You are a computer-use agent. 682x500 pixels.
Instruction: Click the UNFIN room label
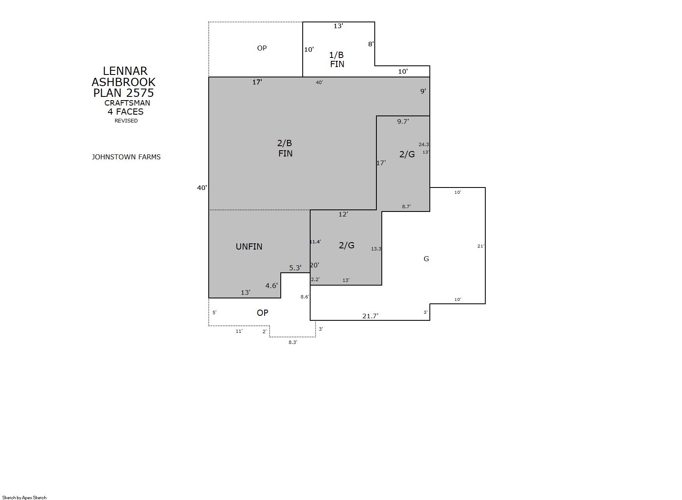pos(249,247)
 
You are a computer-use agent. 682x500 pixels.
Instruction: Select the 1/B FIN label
pos(337,60)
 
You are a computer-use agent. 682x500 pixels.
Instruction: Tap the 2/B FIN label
pos(285,148)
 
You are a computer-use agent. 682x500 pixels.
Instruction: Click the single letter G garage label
pos(426,259)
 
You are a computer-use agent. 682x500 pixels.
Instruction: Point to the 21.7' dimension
pos(370,316)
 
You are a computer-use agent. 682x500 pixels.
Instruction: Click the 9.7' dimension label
pos(403,121)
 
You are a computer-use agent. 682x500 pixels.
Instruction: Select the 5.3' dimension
pos(295,268)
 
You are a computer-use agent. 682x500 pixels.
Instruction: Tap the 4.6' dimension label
pos(272,286)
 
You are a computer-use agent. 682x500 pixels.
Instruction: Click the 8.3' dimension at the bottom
pos(293,342)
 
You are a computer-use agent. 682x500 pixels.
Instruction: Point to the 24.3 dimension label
pos(424,144)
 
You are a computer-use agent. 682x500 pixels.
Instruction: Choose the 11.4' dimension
pos(315,242)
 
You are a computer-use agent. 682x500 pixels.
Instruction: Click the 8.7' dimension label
pos(406,206)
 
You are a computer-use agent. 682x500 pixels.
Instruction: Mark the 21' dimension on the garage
pos(481,246)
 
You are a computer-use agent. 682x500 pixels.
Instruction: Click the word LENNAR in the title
pos(125,71)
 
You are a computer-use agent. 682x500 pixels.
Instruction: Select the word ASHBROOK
pos(124,82)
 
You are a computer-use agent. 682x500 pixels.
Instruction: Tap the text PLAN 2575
pos(124,93)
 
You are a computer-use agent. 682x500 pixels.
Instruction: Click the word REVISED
pos(126,120)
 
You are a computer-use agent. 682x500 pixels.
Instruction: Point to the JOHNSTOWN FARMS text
pos(126,157)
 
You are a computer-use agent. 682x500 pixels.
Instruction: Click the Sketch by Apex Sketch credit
pos(24,498)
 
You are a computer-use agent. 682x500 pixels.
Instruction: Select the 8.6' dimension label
pos(305,297)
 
